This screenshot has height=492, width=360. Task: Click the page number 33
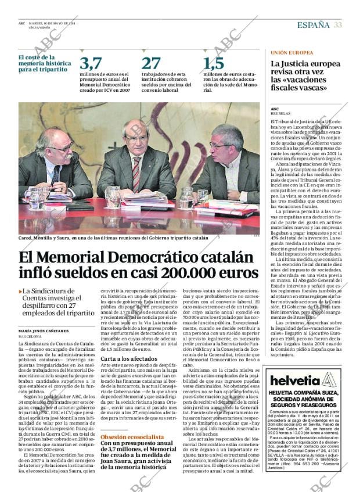point(337,24)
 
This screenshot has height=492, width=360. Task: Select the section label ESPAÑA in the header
point(313,24)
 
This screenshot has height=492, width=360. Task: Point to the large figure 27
point(151,63)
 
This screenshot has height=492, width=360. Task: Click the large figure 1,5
point(214,63)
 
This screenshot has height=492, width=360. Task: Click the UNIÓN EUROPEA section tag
point(291,52)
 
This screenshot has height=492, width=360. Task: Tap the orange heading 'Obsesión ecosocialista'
point(132,437)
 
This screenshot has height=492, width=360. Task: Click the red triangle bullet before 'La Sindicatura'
point(20,292)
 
